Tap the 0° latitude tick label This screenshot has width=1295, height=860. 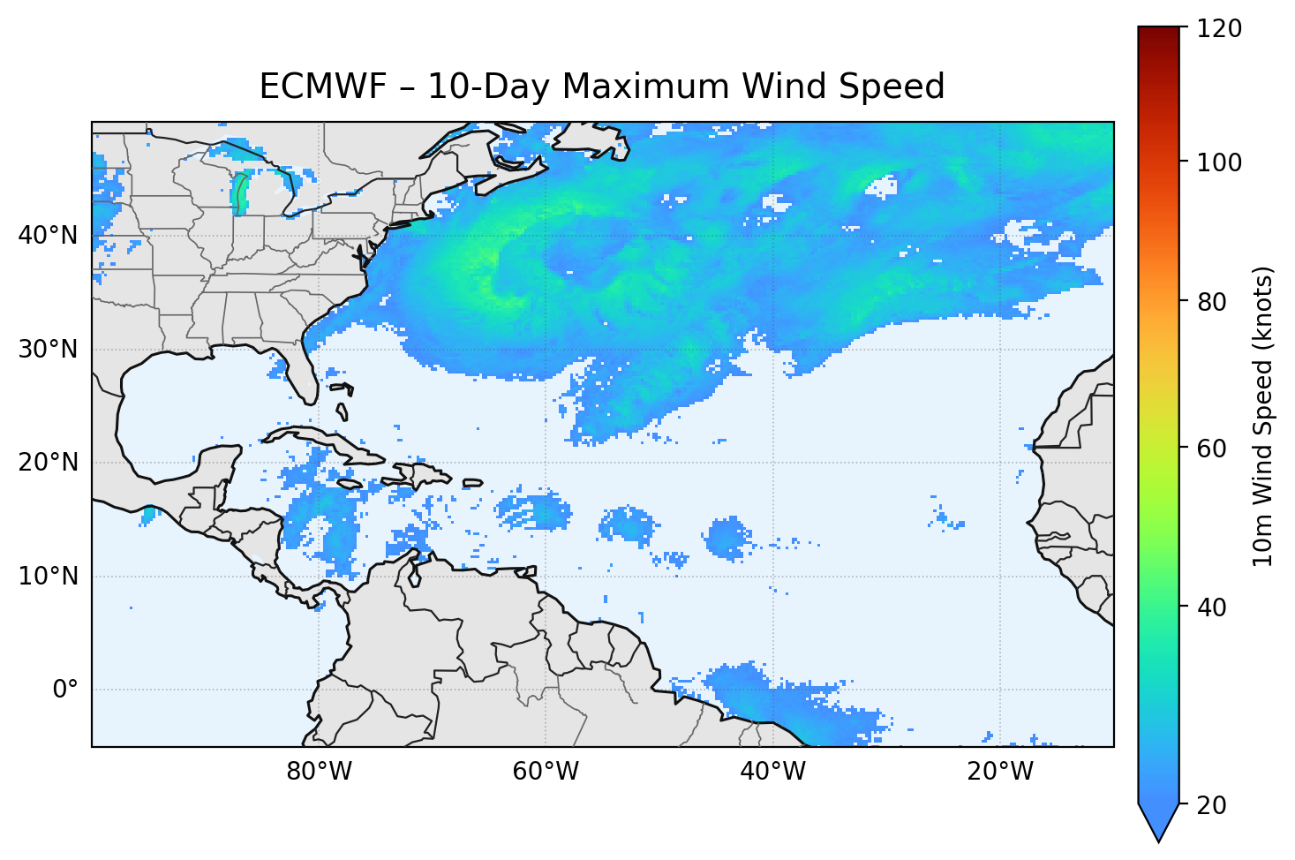click(65, 690)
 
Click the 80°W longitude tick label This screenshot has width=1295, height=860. click(319, 772)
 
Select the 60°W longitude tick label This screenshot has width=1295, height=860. click(546, 772)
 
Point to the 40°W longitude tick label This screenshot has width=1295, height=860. click(772, 772)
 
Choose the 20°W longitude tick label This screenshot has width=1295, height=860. click(999, 772)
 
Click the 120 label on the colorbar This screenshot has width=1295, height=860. click(1219, 29)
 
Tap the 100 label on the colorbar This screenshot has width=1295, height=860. click(1219, 162)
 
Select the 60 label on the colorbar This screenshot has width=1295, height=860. click(1214, 449)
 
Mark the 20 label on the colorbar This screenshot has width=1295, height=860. click(1214, 805)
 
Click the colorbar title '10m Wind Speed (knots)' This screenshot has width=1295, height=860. click(1263, 416)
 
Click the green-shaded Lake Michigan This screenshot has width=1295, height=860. click(239, 194)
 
